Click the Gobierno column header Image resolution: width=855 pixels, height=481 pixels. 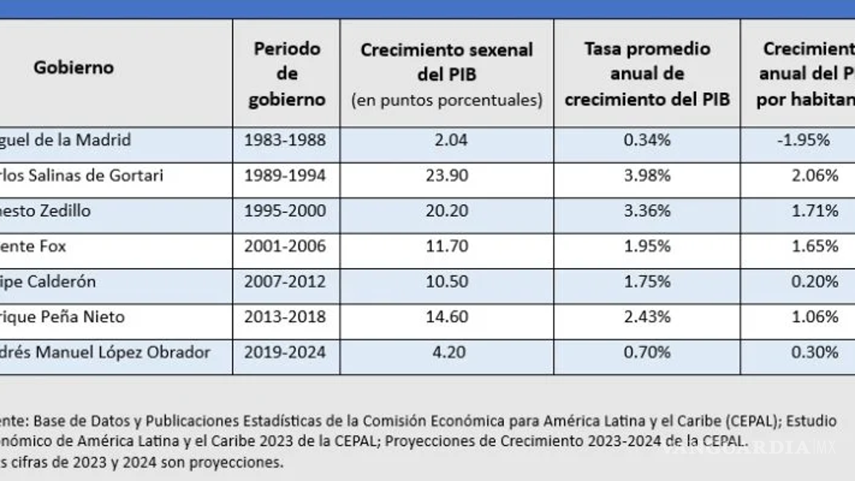[x=73, y=68]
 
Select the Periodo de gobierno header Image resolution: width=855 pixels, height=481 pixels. [x=286, y=73]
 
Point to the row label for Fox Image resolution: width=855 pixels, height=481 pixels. [x=33, y=246]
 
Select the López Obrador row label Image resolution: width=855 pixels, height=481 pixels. [x=105, y=352]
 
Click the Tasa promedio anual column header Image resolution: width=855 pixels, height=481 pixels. [x=646, y=73]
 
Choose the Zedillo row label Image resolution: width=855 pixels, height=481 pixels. [x=45, y=211]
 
